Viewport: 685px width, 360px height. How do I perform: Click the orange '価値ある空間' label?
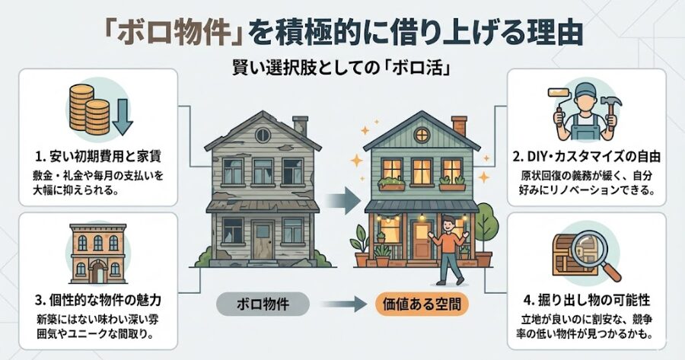coord(422,304)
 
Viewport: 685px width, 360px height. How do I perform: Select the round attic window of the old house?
coord(263,135)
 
